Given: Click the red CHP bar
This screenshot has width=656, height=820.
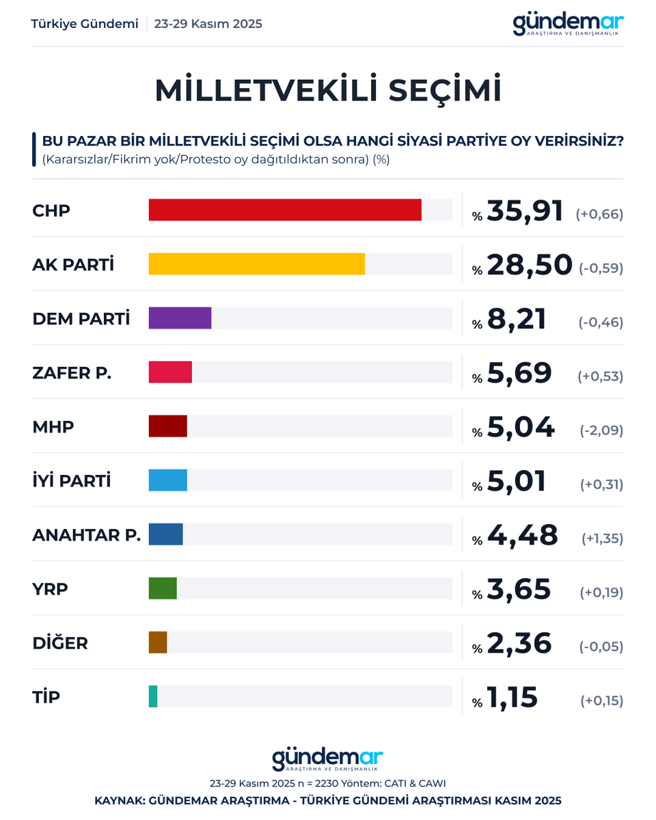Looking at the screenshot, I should (285, 210).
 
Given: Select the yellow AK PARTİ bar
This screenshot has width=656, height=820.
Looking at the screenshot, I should (257, 264).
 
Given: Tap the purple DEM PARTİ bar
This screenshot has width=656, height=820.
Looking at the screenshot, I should (180, 318).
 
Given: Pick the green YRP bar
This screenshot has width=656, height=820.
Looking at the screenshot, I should (163, 588).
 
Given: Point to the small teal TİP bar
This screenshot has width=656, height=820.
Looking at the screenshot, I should (153, 696).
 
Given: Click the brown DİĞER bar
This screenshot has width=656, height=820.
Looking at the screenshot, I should (158, 642).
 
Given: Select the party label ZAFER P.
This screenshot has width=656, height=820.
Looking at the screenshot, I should (72, 373).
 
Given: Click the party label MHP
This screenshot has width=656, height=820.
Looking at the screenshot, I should (53, 427).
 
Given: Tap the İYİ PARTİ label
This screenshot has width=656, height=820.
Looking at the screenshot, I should (72, 481).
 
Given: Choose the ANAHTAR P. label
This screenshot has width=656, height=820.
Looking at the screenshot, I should (87, 535).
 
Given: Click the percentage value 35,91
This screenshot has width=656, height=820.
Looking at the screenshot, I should (525, 211).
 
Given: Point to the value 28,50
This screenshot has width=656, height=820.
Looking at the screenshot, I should (529, 265).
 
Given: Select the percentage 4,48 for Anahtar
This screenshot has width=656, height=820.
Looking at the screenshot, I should (522, 536).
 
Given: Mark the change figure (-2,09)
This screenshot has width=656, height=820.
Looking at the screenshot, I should (601, 430).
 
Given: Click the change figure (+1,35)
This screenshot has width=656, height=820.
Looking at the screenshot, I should (602, 539).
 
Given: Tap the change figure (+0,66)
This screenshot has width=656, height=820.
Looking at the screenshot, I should (599, 215).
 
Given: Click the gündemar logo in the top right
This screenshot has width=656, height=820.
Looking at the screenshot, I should (569, 25).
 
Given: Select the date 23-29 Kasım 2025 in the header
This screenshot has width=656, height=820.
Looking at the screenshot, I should (208, 24).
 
